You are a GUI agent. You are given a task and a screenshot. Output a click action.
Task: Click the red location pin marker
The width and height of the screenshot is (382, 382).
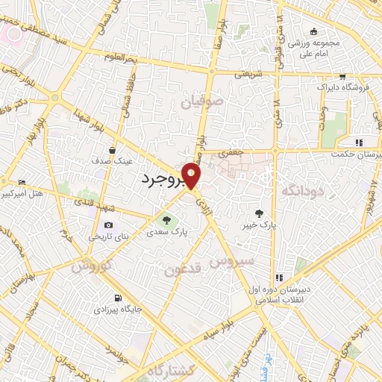click(x=192, y=175)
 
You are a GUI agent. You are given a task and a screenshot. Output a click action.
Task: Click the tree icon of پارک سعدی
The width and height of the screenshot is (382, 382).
click(x=167, y=220)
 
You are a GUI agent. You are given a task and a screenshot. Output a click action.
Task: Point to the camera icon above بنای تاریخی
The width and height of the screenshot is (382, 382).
click(x=109, y=225)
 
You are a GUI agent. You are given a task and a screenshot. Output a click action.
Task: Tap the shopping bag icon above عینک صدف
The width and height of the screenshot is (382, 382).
click(x=112, y=148)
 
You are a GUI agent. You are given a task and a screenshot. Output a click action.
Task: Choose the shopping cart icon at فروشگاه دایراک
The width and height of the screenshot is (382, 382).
click(x=342, y=77)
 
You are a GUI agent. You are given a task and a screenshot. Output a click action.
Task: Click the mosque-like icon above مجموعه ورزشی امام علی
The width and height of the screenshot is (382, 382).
click(x=313, y=31)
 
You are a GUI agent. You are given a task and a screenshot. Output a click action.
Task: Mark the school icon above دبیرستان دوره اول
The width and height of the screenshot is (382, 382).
click(x=279, y=277)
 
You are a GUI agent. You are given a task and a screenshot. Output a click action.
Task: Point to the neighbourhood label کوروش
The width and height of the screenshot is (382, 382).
click(x=93, y=266)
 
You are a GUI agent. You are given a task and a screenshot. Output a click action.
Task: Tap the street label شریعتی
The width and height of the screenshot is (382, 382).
click(x=248, y=74)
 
